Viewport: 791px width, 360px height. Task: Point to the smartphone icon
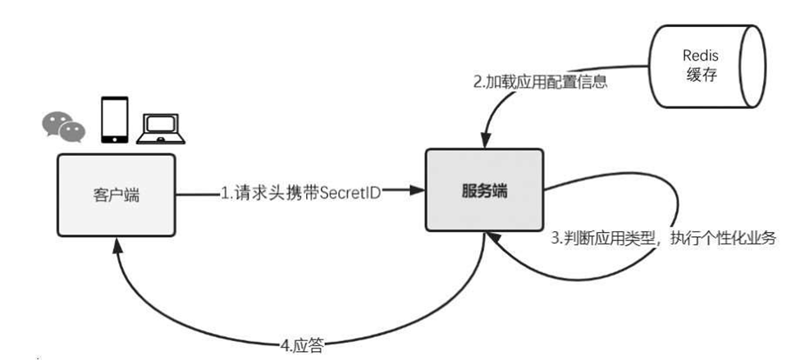coord(113,120)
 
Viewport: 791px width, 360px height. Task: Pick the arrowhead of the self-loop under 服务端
coord(491,238)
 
